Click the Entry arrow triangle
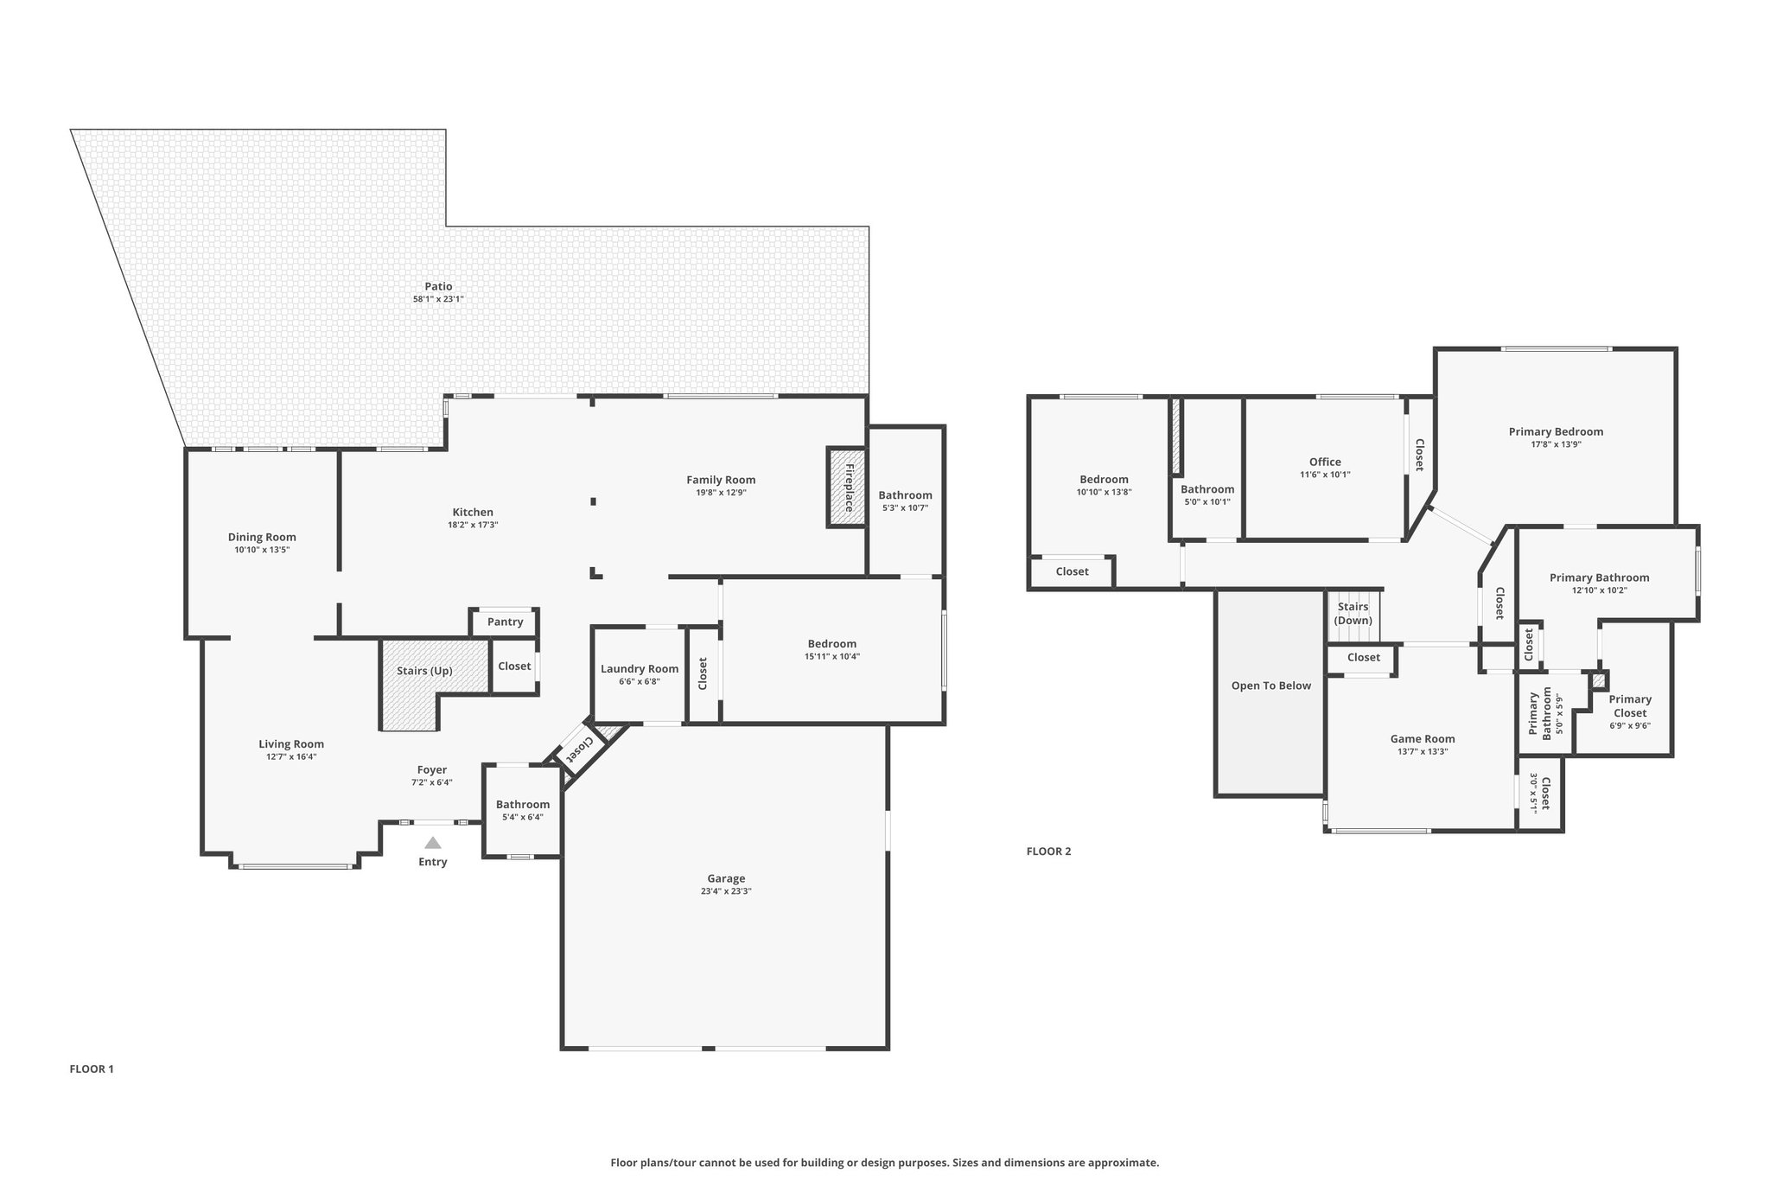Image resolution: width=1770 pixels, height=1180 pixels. click(x=433, y=843)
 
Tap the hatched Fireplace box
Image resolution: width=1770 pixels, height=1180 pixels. click(x=847, y=487)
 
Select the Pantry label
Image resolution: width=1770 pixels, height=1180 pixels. click(x=505, y=622)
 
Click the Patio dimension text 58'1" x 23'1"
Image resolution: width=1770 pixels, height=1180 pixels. click(x=438, y=299)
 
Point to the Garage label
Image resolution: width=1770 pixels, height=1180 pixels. click(x=726, y=878)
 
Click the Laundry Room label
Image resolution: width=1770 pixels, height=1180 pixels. click(x=640, y=669)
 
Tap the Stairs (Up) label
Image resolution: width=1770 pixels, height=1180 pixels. click(x=424, y=671)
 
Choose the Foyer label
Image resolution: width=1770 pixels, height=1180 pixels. click(x=432, y=769)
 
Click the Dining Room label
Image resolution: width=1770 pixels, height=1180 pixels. click(x=262, y=537)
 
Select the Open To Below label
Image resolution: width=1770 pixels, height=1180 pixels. click(x=1271, y=686)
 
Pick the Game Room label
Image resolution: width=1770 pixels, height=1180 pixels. click(x=1423, y=738)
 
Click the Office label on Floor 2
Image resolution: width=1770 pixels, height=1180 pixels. click(x=1325, y=462)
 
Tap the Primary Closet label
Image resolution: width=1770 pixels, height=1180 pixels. click(x=1630, y=706)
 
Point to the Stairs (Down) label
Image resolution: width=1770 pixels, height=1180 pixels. click(x=1353, y=614)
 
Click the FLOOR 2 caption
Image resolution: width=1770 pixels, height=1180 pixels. click(x=1048, y=852)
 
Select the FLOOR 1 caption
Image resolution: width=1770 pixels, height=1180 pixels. click(x=92, y=1069)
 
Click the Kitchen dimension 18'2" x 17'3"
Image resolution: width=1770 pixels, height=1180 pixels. click(x=473, y=525)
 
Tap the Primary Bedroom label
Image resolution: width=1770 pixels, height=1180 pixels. click(x=1556, y=431)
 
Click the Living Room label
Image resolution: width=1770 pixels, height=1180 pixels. click(x=291, y=743)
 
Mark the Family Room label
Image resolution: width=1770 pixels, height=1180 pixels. click(x=721, y=480)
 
